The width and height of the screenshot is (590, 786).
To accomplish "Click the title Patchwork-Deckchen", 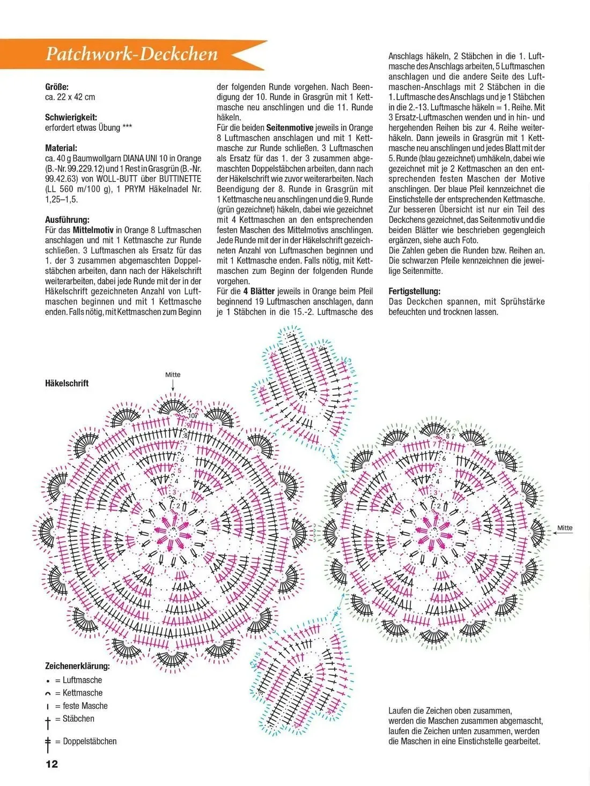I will pyautogui.click(x=132, y=54).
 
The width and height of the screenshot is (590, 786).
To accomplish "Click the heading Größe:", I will pyautogui.click(x=57, y=87).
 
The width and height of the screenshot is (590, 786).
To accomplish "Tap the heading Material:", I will pyautogui.click(x=61, y=148).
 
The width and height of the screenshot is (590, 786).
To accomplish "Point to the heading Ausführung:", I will pyautogui.click(x=67, y=219).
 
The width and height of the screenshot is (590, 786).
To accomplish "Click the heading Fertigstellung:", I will pyautogui.click(x=414, y=291).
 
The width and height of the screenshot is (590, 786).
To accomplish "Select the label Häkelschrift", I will pyautogui.click(x=67, y=383).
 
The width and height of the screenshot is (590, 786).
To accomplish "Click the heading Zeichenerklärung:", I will pyautogui.click(x=77, y=667).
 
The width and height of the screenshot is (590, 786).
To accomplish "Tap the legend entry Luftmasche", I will pyautogui.click(x=82, y=680).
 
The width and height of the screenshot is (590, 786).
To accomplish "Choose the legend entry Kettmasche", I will pyautogui.click(x=82, y=693).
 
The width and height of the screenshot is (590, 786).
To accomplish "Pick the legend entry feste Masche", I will pyautogui.click(x=85, y=706).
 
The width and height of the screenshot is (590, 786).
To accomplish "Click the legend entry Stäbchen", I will pyautogui.click(x=78, y=718).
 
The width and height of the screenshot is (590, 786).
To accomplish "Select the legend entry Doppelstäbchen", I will pyautogui.click(x=89, y=742).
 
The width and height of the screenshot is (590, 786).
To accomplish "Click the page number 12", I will pyautogui.click(x=52, y=764).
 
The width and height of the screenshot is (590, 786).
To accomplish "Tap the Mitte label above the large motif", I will pyautogui.click(x=173, y=375).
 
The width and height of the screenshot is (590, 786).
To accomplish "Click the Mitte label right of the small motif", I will pyautogui.click(x=565, y=528).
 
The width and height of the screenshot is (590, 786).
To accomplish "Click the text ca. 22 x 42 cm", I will pyautogui.click(x=70, y=97).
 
